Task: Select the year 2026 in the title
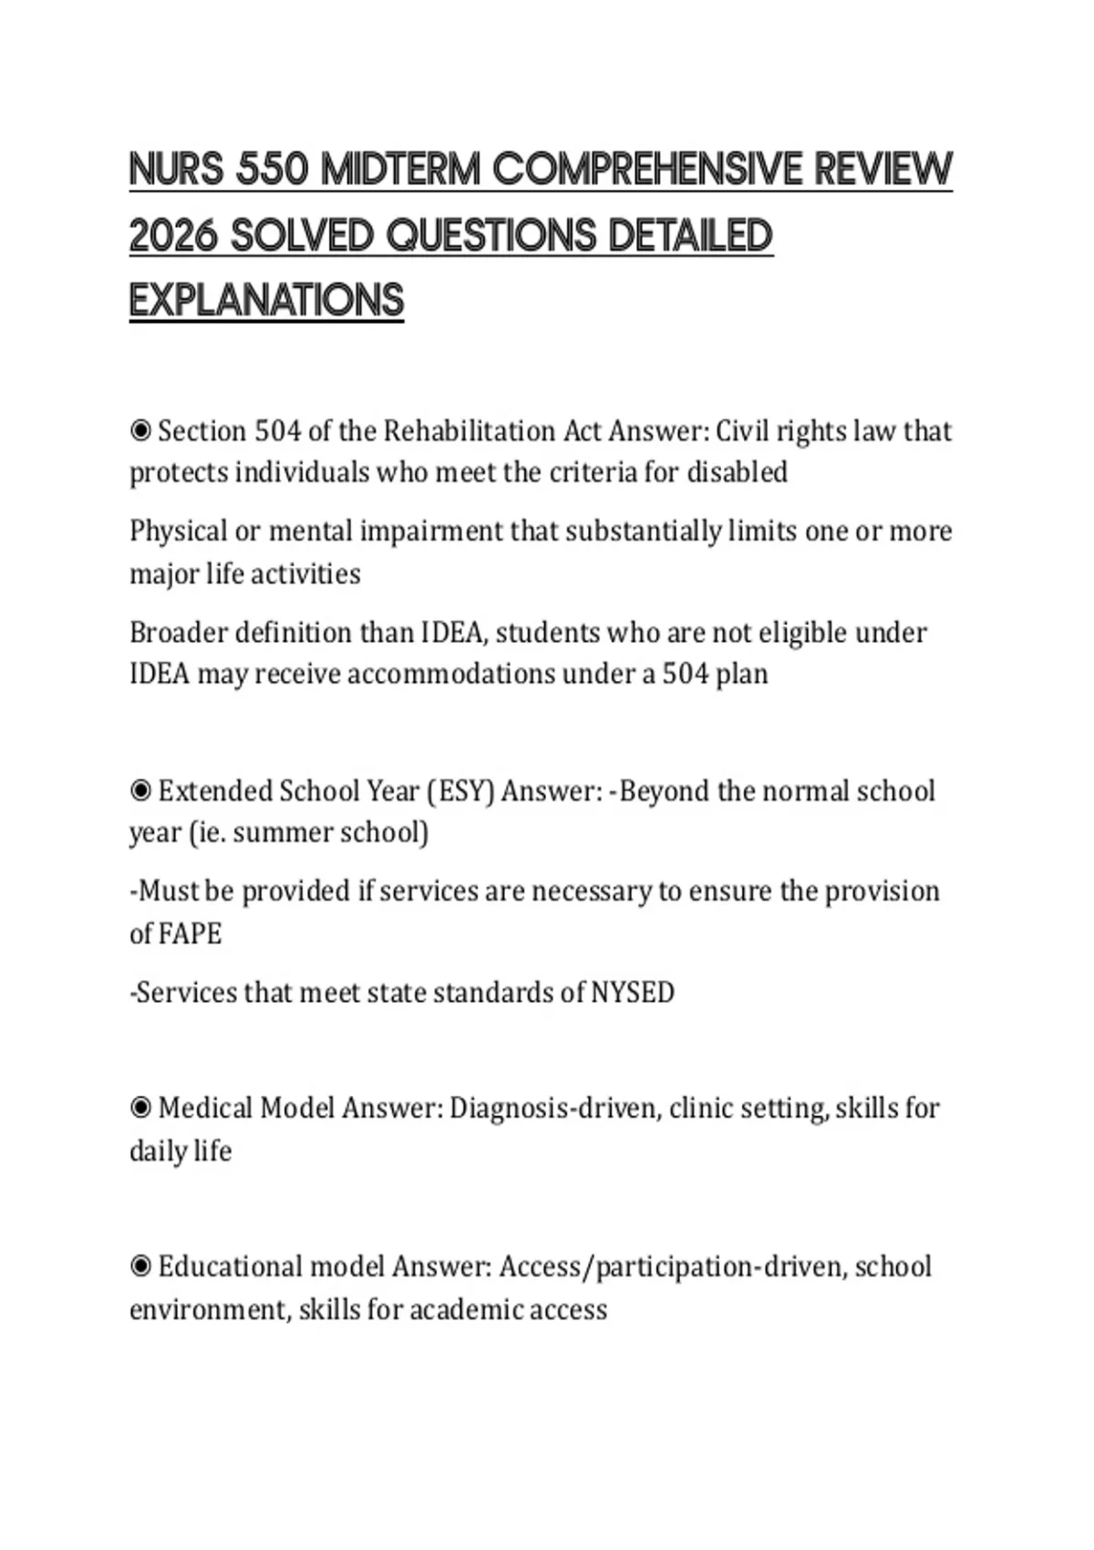coord(173,236)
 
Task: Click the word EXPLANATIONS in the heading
coord(266,301)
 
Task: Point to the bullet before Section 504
coord(140,430)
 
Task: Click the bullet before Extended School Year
coord(140,790)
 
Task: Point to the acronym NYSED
coord(633,992)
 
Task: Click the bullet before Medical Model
coord(140,1108)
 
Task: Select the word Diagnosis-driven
coord(554,1108)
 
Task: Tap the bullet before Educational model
coord(140,1266)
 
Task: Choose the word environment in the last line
coord(210,1310)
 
